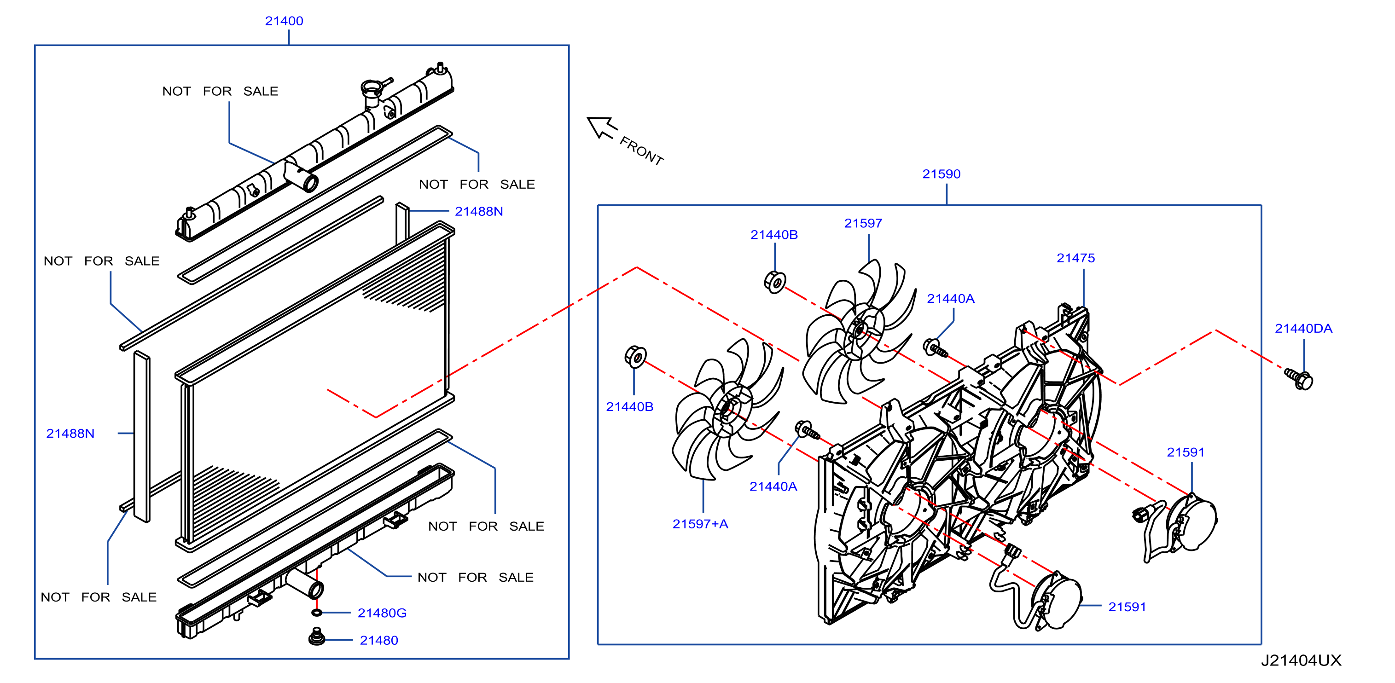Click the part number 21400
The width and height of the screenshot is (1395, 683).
click(x=284, y=21)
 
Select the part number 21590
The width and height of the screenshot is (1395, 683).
click(x=941, y=174)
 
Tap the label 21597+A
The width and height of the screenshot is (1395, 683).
click(x=700, y=524)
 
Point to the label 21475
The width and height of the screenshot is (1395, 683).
click(x=1075, y=258)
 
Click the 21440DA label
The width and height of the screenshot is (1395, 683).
click(x=1303, y=329)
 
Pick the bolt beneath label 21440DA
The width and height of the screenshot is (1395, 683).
click(x=1299, y=378)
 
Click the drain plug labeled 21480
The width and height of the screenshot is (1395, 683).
click(x=317, y=637)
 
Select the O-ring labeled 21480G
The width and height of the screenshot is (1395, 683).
click(x=317, y=613)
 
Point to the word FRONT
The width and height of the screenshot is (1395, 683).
click(x=642, y=151)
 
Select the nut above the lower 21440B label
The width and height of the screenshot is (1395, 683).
click(x=635, y=357)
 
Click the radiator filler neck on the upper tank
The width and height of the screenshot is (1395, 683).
click(x=373, y=93)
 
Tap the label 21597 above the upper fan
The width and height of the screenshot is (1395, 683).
click(x=863, y=224)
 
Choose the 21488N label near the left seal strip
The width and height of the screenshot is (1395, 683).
click(x=70, y=434)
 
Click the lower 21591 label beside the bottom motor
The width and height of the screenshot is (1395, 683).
click(x=1127, y=607)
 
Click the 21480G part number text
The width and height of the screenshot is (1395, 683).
click(x=382, y=613)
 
